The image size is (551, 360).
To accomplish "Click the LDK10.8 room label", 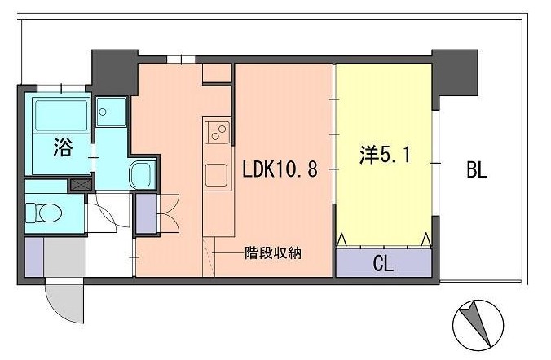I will pyautogui.click(x=279, y=170).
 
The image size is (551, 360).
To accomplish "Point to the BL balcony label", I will pyautogui.click(x=477, y=170).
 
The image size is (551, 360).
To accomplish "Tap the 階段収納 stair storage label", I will pyautogui.click(x=273, y=252).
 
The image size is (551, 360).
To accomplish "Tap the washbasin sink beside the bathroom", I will pyautogui.click(x=141, y=173).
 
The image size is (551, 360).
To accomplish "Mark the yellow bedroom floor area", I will pyautogui.click(x=383, y=195).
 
